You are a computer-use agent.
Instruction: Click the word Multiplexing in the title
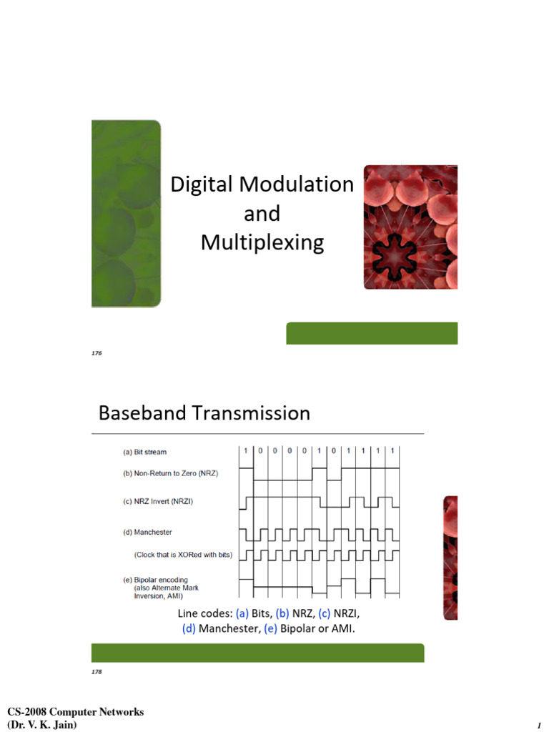(x=262, y=243)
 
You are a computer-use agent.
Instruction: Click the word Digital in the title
(x=204, y=184)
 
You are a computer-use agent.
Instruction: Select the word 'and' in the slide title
(x=262, y=214)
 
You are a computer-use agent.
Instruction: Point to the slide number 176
(x=97, y=353)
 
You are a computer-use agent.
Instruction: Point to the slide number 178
(x=97, y=672)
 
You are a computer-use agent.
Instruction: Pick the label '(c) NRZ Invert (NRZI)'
(x=157, y=501)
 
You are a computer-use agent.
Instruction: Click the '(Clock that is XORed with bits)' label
(x=183, y=554)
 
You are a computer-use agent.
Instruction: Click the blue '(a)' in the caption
(x=242, y=614)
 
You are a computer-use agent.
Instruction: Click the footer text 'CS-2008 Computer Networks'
(x=75, y=712)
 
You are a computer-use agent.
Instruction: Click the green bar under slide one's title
(x=372, y=333)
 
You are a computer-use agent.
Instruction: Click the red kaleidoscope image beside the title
(x=410, y=227)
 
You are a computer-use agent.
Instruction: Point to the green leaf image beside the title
(x=126, y=212)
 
